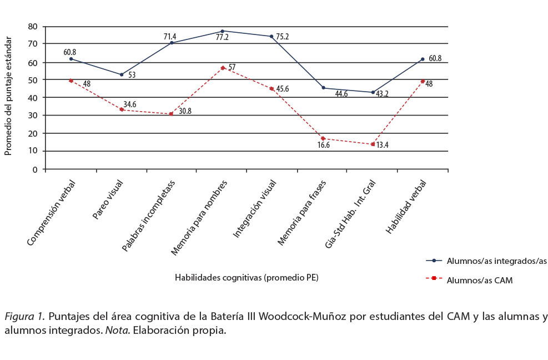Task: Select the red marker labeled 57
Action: click(x=222, y=68)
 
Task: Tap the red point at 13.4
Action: click(x=373, y=144)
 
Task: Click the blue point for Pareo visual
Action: click(x=122, y=74)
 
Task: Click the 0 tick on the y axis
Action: click(x=35, y=169)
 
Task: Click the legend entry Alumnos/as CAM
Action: click(x=479, y=281)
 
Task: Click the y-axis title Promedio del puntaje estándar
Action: click(x=8, y=96)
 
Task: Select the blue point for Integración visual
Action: click(x=272, y=37)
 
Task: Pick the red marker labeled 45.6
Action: click(x=272, y=89)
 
